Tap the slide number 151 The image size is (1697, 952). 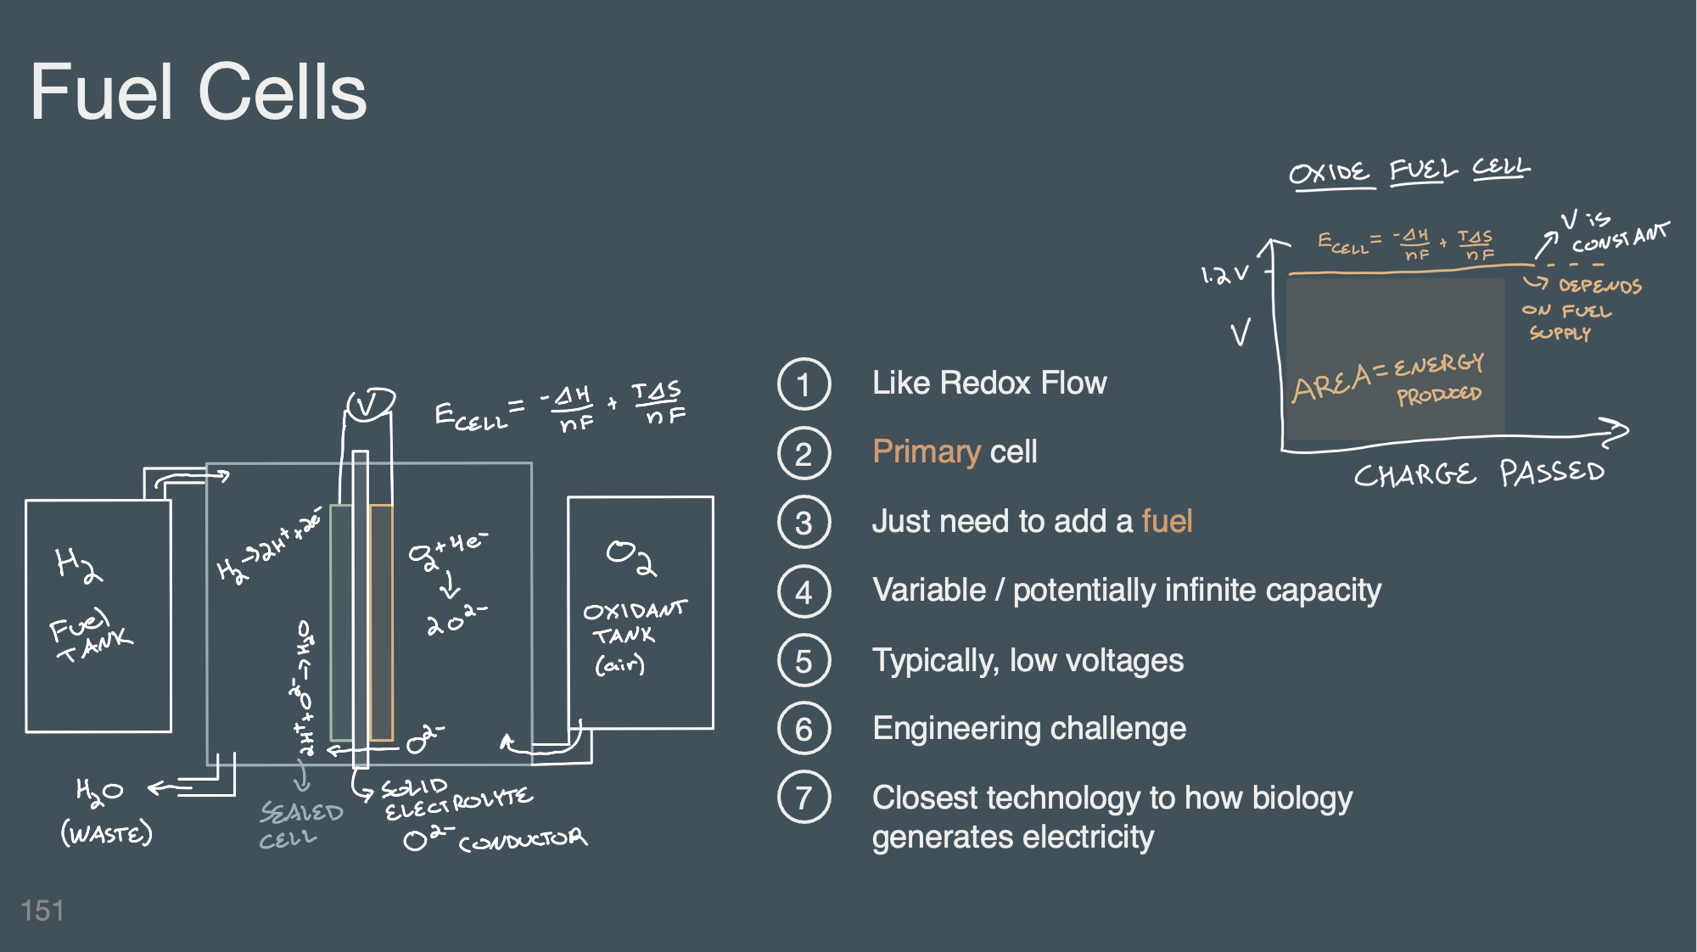tap(42, 910)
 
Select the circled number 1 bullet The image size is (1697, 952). tap(804, 384)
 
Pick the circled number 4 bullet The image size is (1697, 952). tap(804, 591)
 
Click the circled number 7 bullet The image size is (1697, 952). tap(804, 798)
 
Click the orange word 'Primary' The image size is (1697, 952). tap(927, 451)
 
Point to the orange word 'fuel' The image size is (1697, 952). tap(1167, 521)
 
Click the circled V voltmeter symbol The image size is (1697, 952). tap(370, 404)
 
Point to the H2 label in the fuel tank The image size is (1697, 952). tap(78, 564)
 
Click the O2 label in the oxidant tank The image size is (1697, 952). tap(631, 557)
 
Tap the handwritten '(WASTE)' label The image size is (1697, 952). tap(107, 833)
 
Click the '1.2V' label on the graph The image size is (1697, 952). tap(1224, 275)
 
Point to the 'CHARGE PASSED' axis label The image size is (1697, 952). tap(1478, 473)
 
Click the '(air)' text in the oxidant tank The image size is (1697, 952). tap(620, 664)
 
